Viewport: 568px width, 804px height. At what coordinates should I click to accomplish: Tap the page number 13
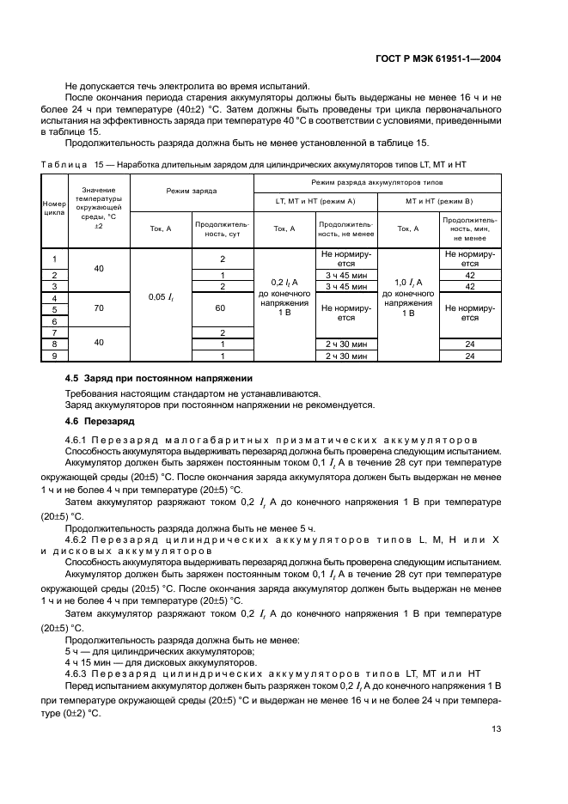[x=496, y=729]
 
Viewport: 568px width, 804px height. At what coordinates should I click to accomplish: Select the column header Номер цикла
[x=54, y=210]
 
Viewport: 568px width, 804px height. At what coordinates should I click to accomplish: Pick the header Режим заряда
[x=192, y=191]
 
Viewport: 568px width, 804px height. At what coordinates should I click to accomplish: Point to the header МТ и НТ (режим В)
[x=439, y=200]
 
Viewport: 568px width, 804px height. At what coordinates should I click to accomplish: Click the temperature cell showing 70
[x=99, y=307]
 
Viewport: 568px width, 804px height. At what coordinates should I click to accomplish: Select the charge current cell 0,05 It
[x=161, y=296]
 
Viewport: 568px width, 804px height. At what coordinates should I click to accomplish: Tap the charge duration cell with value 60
[x=222, y=307]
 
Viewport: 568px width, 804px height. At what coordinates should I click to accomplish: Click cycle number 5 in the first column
[x=54, y=308]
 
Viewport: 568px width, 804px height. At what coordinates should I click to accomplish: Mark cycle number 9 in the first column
[x=54, y=355]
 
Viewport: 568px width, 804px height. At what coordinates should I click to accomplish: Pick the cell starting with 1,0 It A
[x=407, y=282]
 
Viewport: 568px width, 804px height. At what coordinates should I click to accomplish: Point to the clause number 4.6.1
[x=80, y=440]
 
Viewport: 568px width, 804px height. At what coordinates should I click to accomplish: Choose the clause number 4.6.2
[x=80, y=539]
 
